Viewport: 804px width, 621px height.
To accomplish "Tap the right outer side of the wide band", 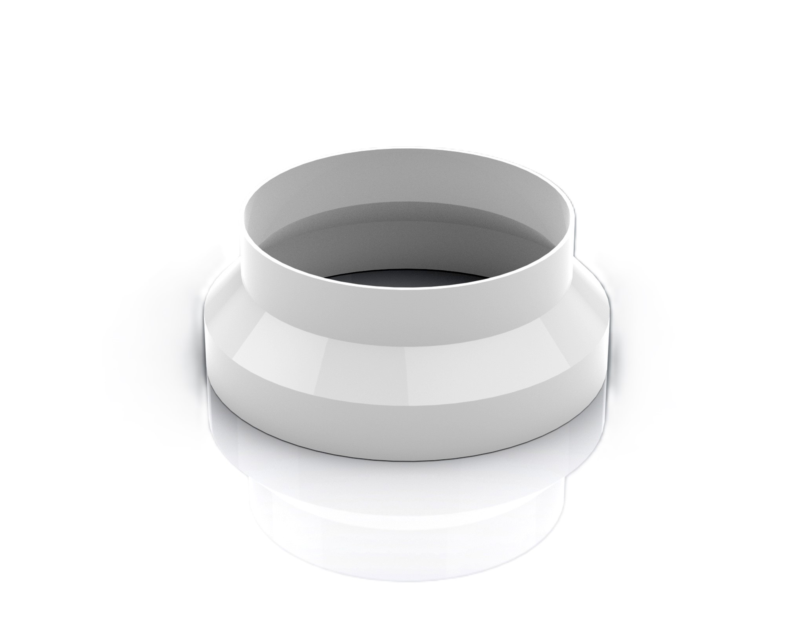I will (x=606, y=353).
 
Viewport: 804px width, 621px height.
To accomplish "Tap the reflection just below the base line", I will (x=408, y=471).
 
